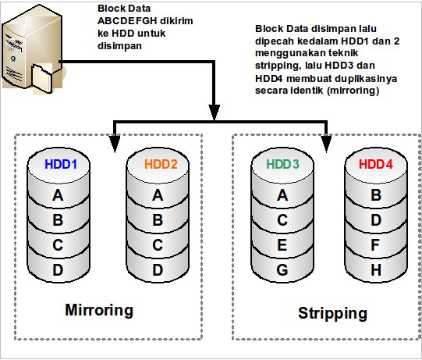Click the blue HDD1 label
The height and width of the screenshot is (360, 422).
[61, 164]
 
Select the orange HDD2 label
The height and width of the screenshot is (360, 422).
[161, 164]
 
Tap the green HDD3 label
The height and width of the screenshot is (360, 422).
[282, 164]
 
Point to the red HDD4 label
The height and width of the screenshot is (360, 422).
[376, 164]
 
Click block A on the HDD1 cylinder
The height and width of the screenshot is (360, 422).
[59, 195]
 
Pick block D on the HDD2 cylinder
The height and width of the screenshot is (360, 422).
[158, 269]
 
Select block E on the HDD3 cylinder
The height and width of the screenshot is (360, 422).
[282, 245]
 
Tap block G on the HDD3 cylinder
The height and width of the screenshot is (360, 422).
[282, 269]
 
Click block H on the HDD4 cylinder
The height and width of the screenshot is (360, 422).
[376, 269]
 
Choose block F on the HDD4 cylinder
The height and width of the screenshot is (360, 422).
[375, 245]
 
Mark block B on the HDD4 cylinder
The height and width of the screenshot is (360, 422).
[376, 195]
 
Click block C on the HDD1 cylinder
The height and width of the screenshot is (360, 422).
[58, 245]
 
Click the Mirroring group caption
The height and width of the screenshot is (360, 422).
[99, 311]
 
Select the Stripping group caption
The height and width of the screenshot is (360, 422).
[332, 314]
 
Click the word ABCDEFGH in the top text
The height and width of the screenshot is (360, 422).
[126, 21]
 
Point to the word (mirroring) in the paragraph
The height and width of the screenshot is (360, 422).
[353, 91]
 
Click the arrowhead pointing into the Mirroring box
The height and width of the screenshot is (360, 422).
[115, 143]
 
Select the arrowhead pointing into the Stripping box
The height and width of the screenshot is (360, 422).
[327, 143]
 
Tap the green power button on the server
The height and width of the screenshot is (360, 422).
[12, 59]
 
